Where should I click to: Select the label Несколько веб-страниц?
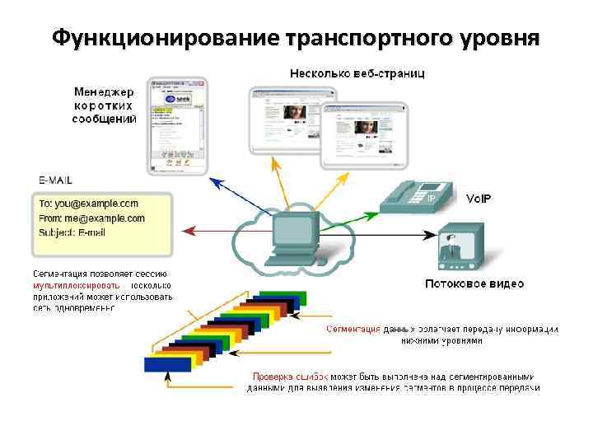coord(357,74)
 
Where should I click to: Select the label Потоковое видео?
coord(474,284)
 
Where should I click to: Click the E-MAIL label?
coord(55,179)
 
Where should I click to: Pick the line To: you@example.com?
coord(88,204)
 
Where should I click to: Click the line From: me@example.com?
coord(91,218)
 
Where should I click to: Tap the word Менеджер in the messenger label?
coord(104,91)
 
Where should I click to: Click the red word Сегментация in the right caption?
coord(353,329)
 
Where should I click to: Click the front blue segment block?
coord(167,363)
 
